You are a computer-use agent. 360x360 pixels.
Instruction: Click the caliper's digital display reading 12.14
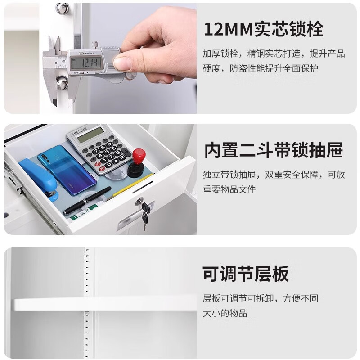pos(86,63)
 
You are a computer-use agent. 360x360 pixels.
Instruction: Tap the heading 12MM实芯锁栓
pos(264,29)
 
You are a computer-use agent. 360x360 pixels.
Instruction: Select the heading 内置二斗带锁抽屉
pos(274,150)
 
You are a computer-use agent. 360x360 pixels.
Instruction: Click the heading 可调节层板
pos(245,274)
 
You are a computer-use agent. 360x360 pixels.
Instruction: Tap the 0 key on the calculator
pos(109,164)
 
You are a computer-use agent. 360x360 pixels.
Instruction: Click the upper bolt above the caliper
pos(63,9)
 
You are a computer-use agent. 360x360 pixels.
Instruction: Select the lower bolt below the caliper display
pos(62,83)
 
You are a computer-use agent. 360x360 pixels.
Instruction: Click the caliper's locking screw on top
pos(95,45)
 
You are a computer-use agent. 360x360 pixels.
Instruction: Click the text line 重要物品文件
pos(229,189)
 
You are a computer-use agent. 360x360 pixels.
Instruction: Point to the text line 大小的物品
pos(225,313)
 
